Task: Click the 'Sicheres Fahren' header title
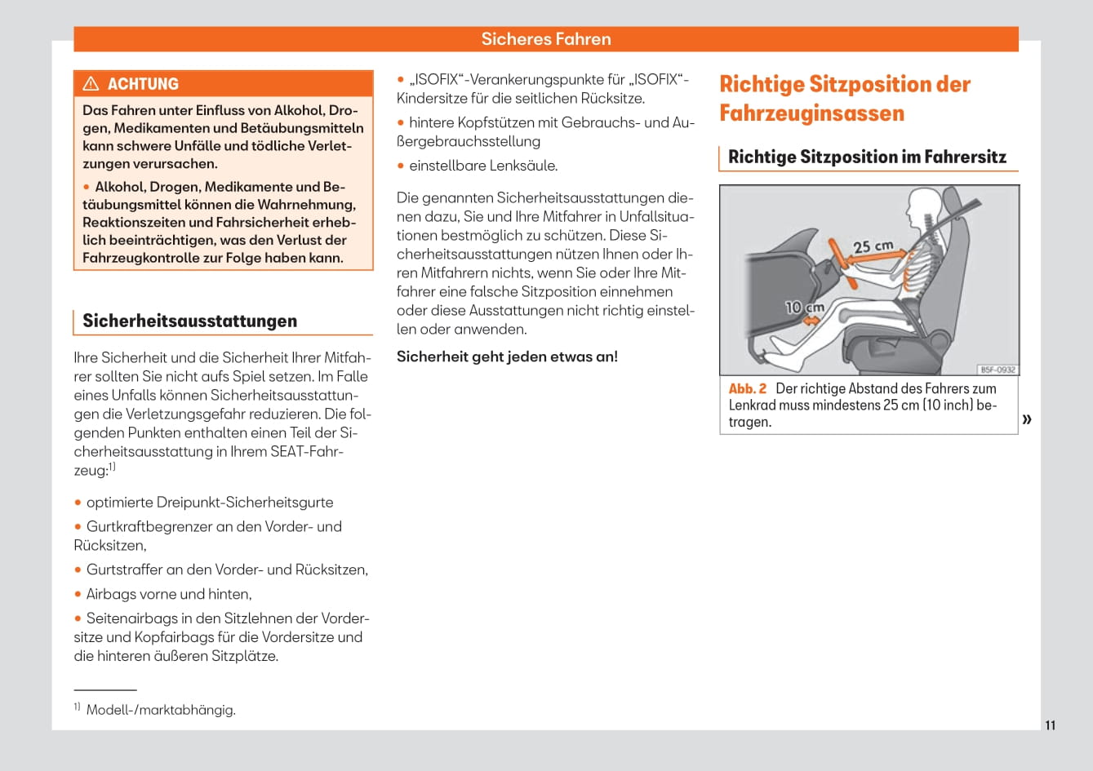(x=545, y=39)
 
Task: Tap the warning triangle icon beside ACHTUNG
(x=91, y=84)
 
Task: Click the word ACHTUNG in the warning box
(x=143, y=84)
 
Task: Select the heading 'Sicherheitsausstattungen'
(x=189, y=321)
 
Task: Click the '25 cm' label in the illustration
(x=873, y=246)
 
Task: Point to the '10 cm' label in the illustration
(x=804, y=308)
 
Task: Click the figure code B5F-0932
(x=997, y=370)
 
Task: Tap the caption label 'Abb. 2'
(x=747, y=389)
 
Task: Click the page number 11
(x=1050, y=725)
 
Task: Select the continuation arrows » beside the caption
(x=1027, y=419)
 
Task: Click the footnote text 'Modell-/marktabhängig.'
(x=161, y=710)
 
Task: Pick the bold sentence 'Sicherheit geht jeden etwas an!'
(x=507, y=357)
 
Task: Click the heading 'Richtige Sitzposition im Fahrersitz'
(x=867, y=157)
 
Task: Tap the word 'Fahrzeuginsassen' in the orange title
(x=811, y=113)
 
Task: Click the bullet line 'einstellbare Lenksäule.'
(x=483, y=166)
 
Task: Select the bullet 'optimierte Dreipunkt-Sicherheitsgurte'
(x=210, y=503)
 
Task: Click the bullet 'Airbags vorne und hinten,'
(x=169, y=594)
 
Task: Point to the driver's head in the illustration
(x=924, y=207)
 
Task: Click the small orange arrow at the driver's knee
(x=811, y=321)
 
